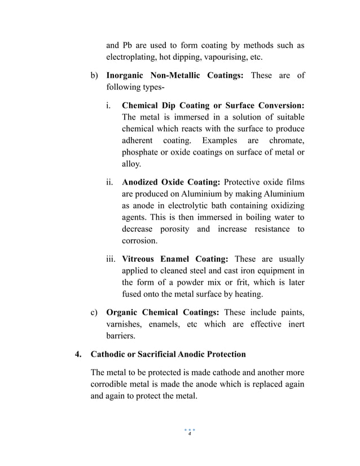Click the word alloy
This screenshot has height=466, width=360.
[x=131, y=164]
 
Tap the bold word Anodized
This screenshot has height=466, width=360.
[x=142, y=182]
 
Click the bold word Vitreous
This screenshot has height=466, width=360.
[x=142, y=259]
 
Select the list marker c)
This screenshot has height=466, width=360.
[x=95, y=312]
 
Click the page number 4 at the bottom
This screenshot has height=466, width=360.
[x=190, y=434]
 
